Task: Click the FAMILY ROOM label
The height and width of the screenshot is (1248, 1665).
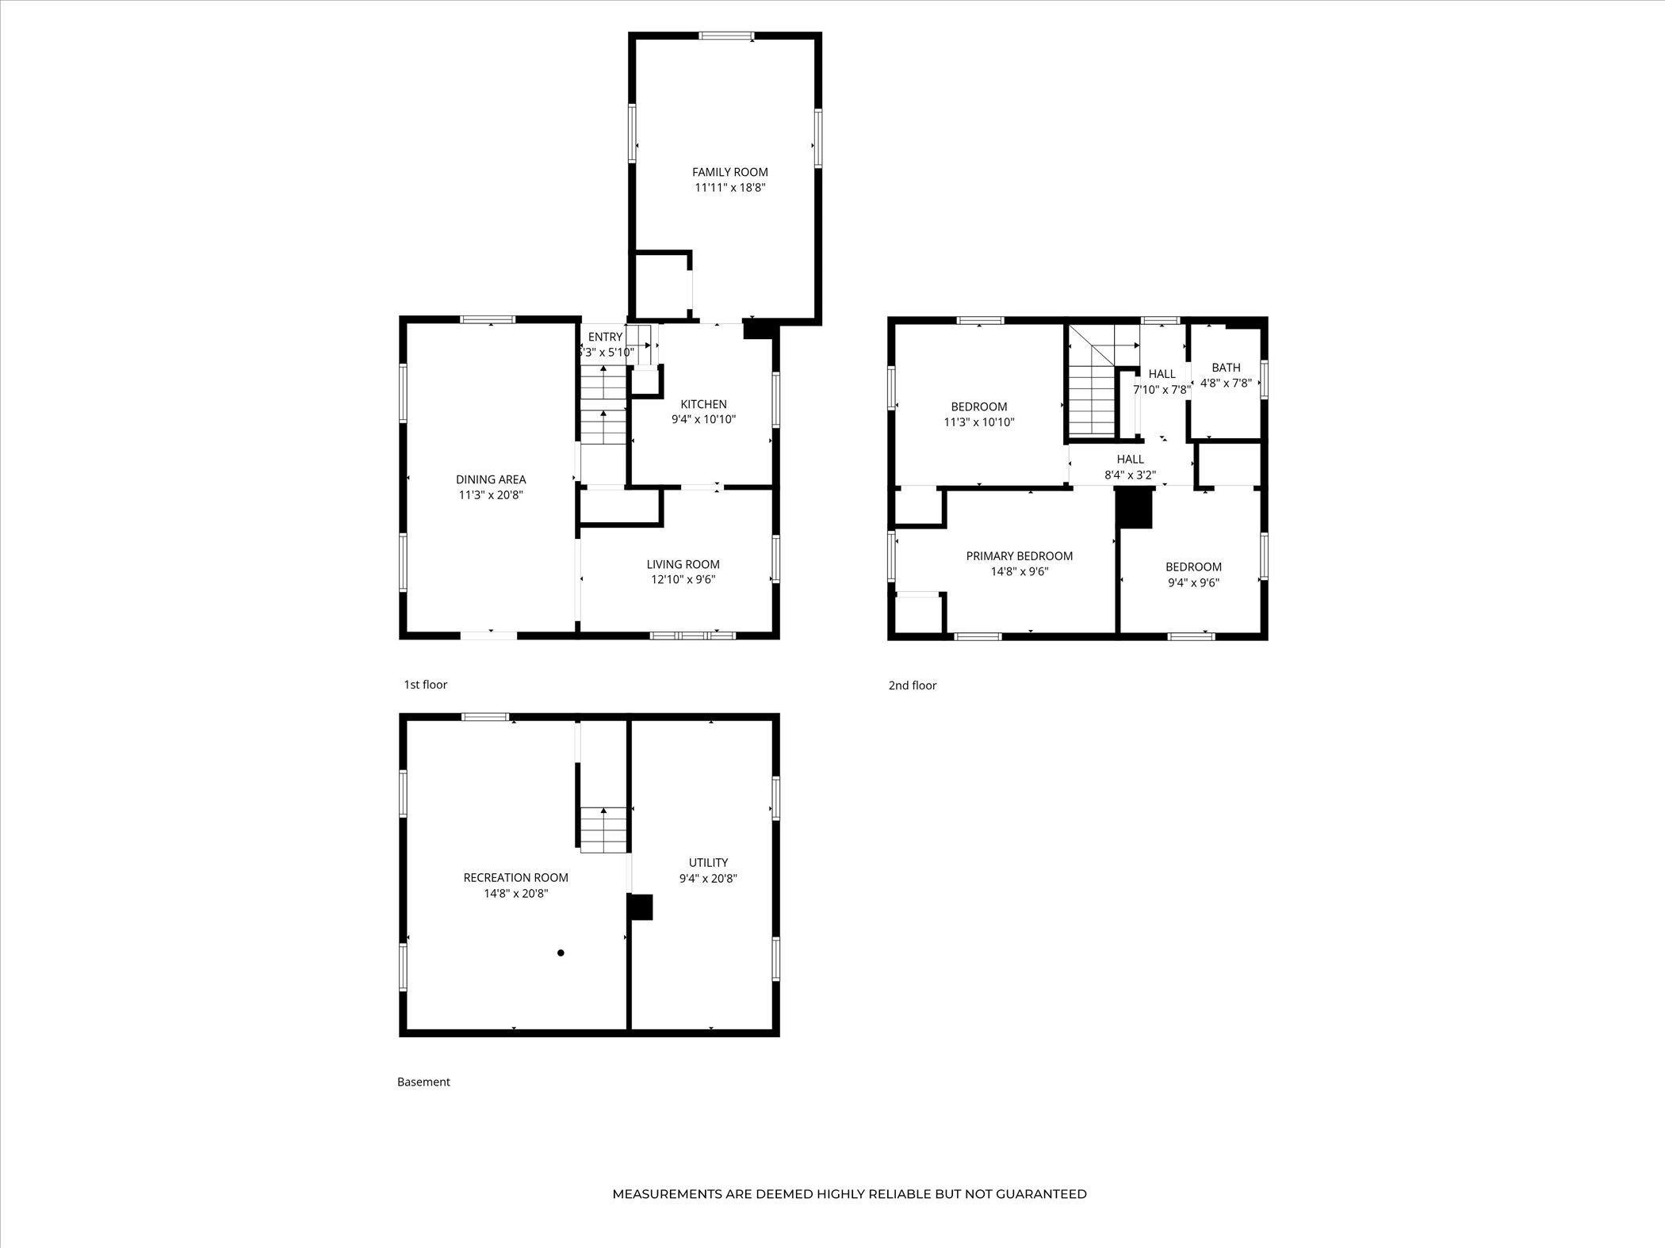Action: click(729, 172)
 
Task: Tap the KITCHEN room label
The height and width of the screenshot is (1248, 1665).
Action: click(703, 404)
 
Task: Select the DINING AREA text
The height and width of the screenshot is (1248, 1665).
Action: click(491, 479)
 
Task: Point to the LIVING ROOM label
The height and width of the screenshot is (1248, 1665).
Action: click(683, 564)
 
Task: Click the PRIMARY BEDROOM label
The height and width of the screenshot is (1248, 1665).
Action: click(1019, 556)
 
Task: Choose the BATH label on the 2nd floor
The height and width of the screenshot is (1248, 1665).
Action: click(1226, 368)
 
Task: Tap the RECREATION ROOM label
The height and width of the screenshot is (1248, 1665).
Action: click(515, 877)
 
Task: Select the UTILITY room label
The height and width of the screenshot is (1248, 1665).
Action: click(708, 862)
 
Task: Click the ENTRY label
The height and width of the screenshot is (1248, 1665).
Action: click(605, 337)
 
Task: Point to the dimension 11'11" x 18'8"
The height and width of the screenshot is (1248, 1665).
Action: click(729, 188)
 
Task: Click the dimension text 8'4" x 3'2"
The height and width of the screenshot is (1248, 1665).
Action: click(1130, 475)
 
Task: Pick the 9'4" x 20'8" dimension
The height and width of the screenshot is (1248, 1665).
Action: click(708, 878)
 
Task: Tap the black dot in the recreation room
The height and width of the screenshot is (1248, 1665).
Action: click(561, 952)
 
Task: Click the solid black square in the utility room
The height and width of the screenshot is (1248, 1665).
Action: click(640, 907)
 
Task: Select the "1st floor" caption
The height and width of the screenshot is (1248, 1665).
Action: click(426, 685)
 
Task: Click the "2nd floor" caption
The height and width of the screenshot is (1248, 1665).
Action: click(912, 685)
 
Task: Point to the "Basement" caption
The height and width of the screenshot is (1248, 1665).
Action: click(423, 1082)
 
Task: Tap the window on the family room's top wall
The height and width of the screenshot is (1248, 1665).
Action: click(726, 35)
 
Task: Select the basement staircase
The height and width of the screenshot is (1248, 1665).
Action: click(604, 830)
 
